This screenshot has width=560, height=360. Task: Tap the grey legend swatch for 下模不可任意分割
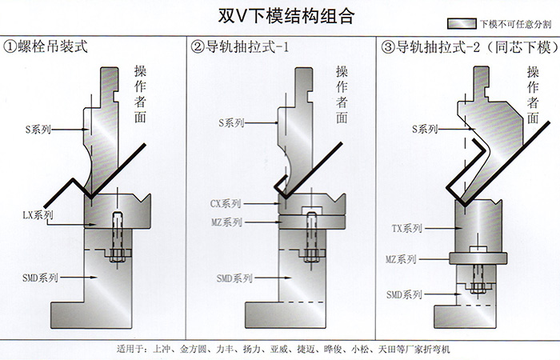point(462,26)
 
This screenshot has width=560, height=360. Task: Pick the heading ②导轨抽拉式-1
point(239,47)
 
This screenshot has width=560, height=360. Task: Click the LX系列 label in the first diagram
point(38,214)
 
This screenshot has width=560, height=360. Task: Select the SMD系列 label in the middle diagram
point(234,278)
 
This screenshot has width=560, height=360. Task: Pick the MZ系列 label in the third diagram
point(401,259)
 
